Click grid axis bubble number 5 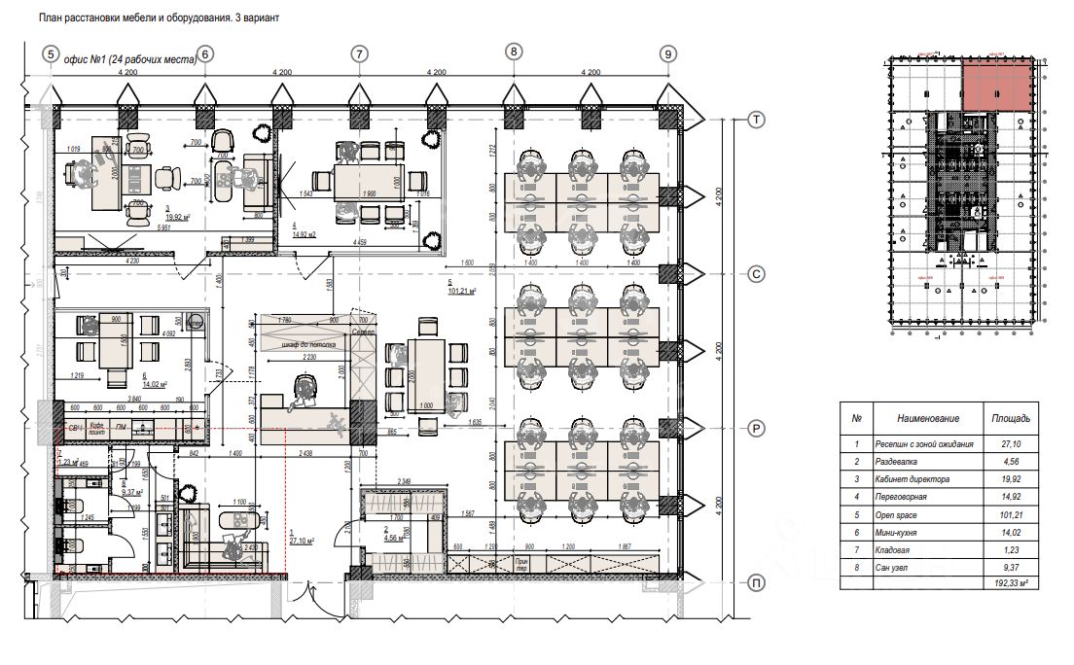[x=52, y=54]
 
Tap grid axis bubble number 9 [x=667, y=54]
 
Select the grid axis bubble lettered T [x=756, y=120]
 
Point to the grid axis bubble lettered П [x=756, y=582]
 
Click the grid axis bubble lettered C [x=756, y=274]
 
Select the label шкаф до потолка [x=308, y=344]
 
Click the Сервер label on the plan [x=363, y=332]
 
